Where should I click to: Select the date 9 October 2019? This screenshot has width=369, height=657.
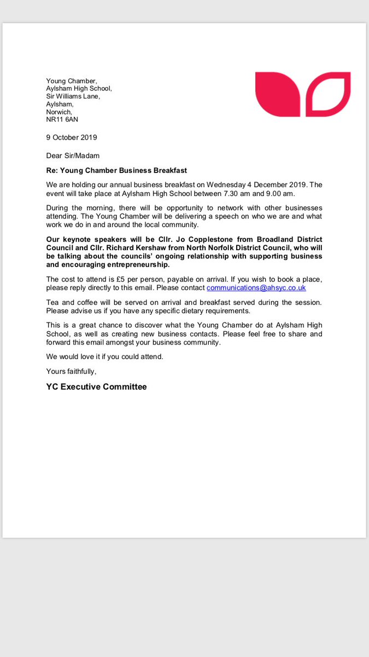(72, 137)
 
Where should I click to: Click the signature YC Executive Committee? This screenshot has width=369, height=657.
(97, 387)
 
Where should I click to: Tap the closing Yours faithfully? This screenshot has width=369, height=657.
(71, 371)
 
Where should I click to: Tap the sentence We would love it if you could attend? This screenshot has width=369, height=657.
(105, 356)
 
